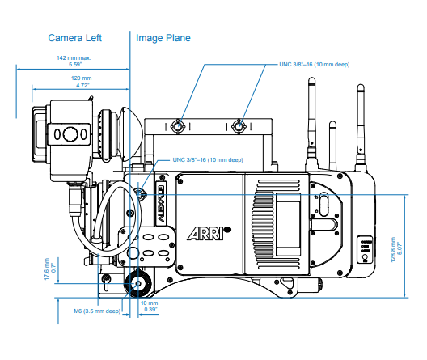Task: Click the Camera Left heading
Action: click(75, 38)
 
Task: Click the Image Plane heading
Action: click(163, 38)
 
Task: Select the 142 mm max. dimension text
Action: click(74, 57)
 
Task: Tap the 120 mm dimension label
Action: click(82, 78)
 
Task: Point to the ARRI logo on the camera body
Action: click(209, 233)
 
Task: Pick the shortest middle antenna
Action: click(332, 146)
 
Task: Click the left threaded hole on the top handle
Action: click(178, 126)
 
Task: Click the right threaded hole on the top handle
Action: click(239, 126)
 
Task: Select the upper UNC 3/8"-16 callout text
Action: click(315, 65)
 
